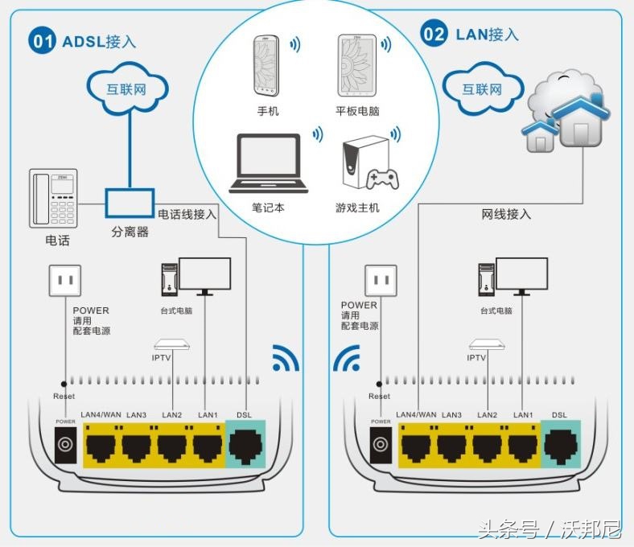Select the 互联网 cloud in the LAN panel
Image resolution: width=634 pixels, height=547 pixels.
(482, 88)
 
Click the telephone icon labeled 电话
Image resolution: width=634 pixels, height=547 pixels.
(53, 198)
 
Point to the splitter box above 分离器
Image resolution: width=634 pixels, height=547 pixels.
(130, 202)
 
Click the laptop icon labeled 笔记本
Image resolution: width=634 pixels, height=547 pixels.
(267, 164)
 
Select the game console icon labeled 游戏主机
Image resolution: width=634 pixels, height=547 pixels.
(367, 166)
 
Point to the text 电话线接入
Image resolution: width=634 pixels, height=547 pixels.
(187, 214)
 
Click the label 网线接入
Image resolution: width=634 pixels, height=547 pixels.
(506, 214)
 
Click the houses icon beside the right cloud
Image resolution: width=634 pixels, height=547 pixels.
(564, 121)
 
